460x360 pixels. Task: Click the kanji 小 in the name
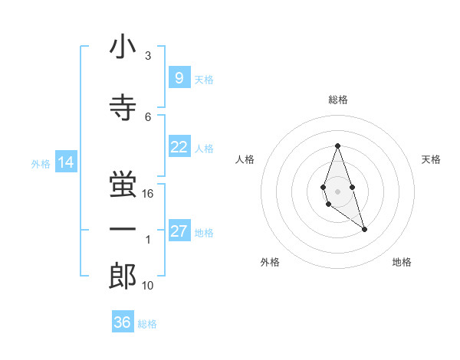click(x=123, y=48)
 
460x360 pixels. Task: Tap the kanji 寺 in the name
click(x=123, y=107)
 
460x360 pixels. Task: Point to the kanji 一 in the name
click(x=123, y=229)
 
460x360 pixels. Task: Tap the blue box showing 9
click(x=179, y=78)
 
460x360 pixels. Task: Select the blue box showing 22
click(x=179, y=148)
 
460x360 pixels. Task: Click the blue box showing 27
click(x=179, y=231)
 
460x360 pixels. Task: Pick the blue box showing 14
click(x=65, y=162)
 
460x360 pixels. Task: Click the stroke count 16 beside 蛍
click(x=148, y=194)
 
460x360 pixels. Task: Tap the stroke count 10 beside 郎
click(x=148, y=285)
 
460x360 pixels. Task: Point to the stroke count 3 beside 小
click(x=148, y=55)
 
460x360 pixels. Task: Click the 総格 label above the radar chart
click(x=338, y=100)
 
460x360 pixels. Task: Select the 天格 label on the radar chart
click(x=431, y=159)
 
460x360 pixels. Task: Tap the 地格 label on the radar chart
click(x=402, y=262)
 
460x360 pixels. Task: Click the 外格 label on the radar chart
click(x=270, y=262)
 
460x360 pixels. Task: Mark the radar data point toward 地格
click(x=364, y=229)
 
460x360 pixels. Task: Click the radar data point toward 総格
click(x=337, y=146)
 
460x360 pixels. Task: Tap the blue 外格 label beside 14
click(x=40, y=163)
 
